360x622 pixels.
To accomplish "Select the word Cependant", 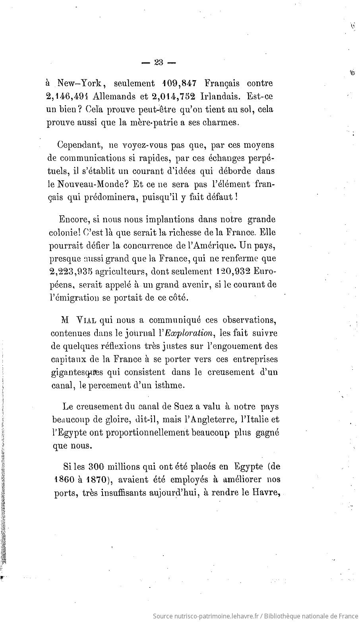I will click(80, 145).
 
